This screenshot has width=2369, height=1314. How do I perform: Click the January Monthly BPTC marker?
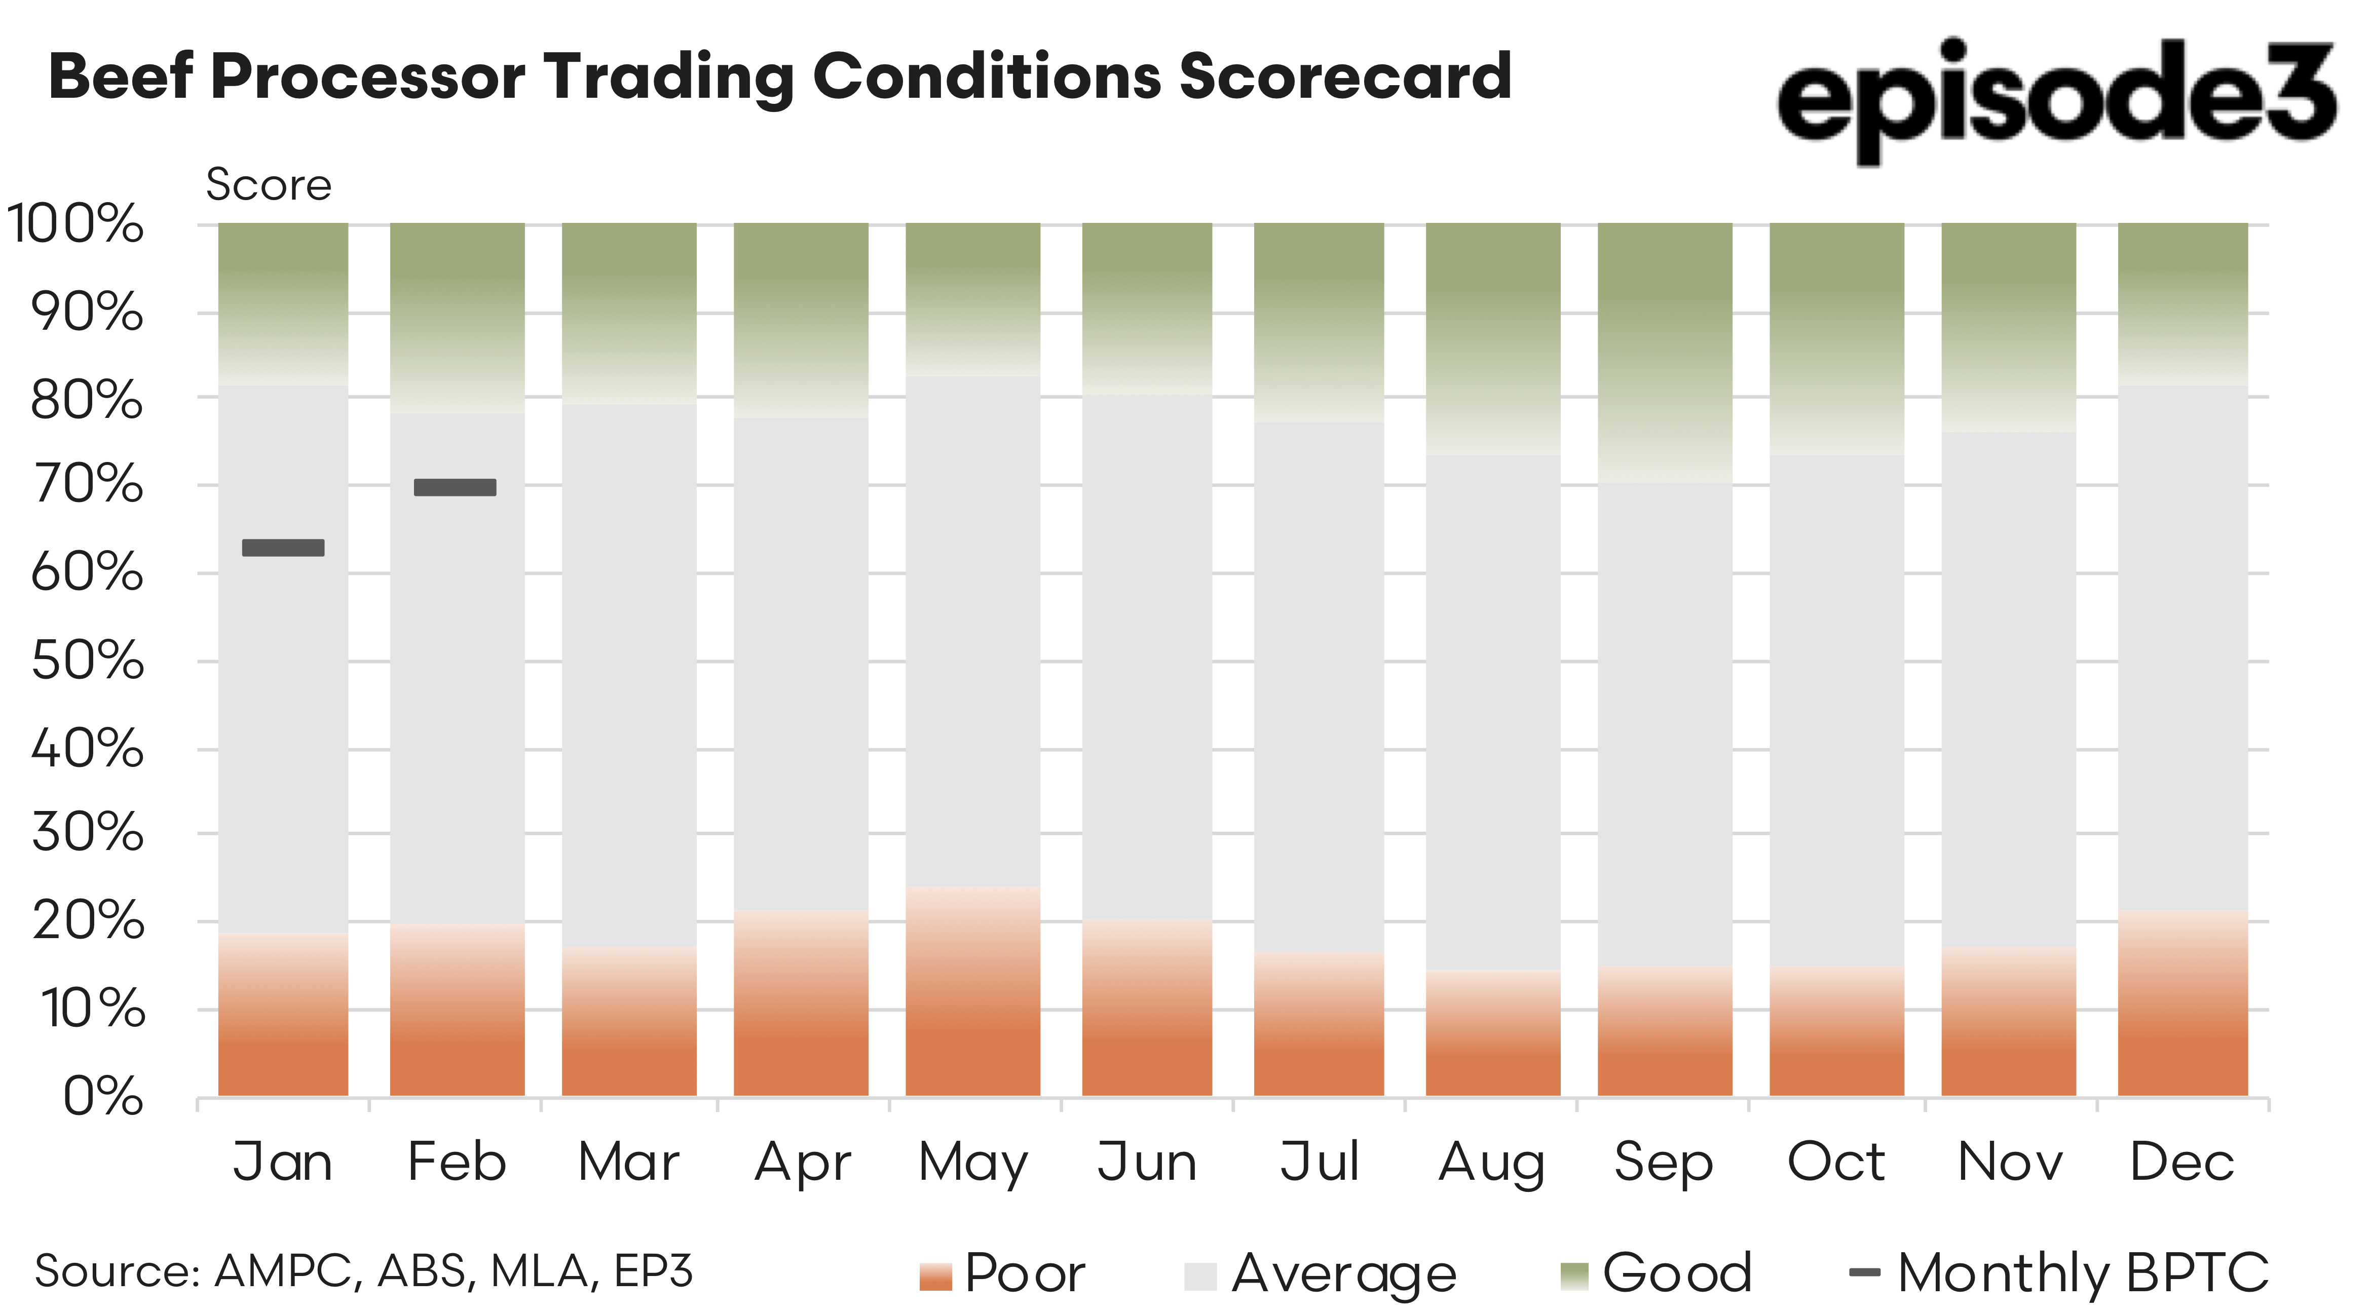[x=283, y=548]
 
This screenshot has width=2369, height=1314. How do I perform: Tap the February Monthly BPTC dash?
[x=455, y=487]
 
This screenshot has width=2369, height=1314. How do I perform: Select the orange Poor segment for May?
[x=973, y=993]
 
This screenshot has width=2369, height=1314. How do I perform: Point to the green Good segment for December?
[x=2183, y=303]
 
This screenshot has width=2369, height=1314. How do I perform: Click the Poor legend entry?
[x=1002, y=1273]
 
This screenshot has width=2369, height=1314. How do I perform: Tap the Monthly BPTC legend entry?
[x=2060, y=1273]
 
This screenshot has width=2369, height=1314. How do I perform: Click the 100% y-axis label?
[x=76, y=223]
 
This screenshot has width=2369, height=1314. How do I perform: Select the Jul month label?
[x=1320, y=1162]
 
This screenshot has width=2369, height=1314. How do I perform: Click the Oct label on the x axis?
[x=1836, y=1162]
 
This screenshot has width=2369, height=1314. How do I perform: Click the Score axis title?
[x=269, y=185]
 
